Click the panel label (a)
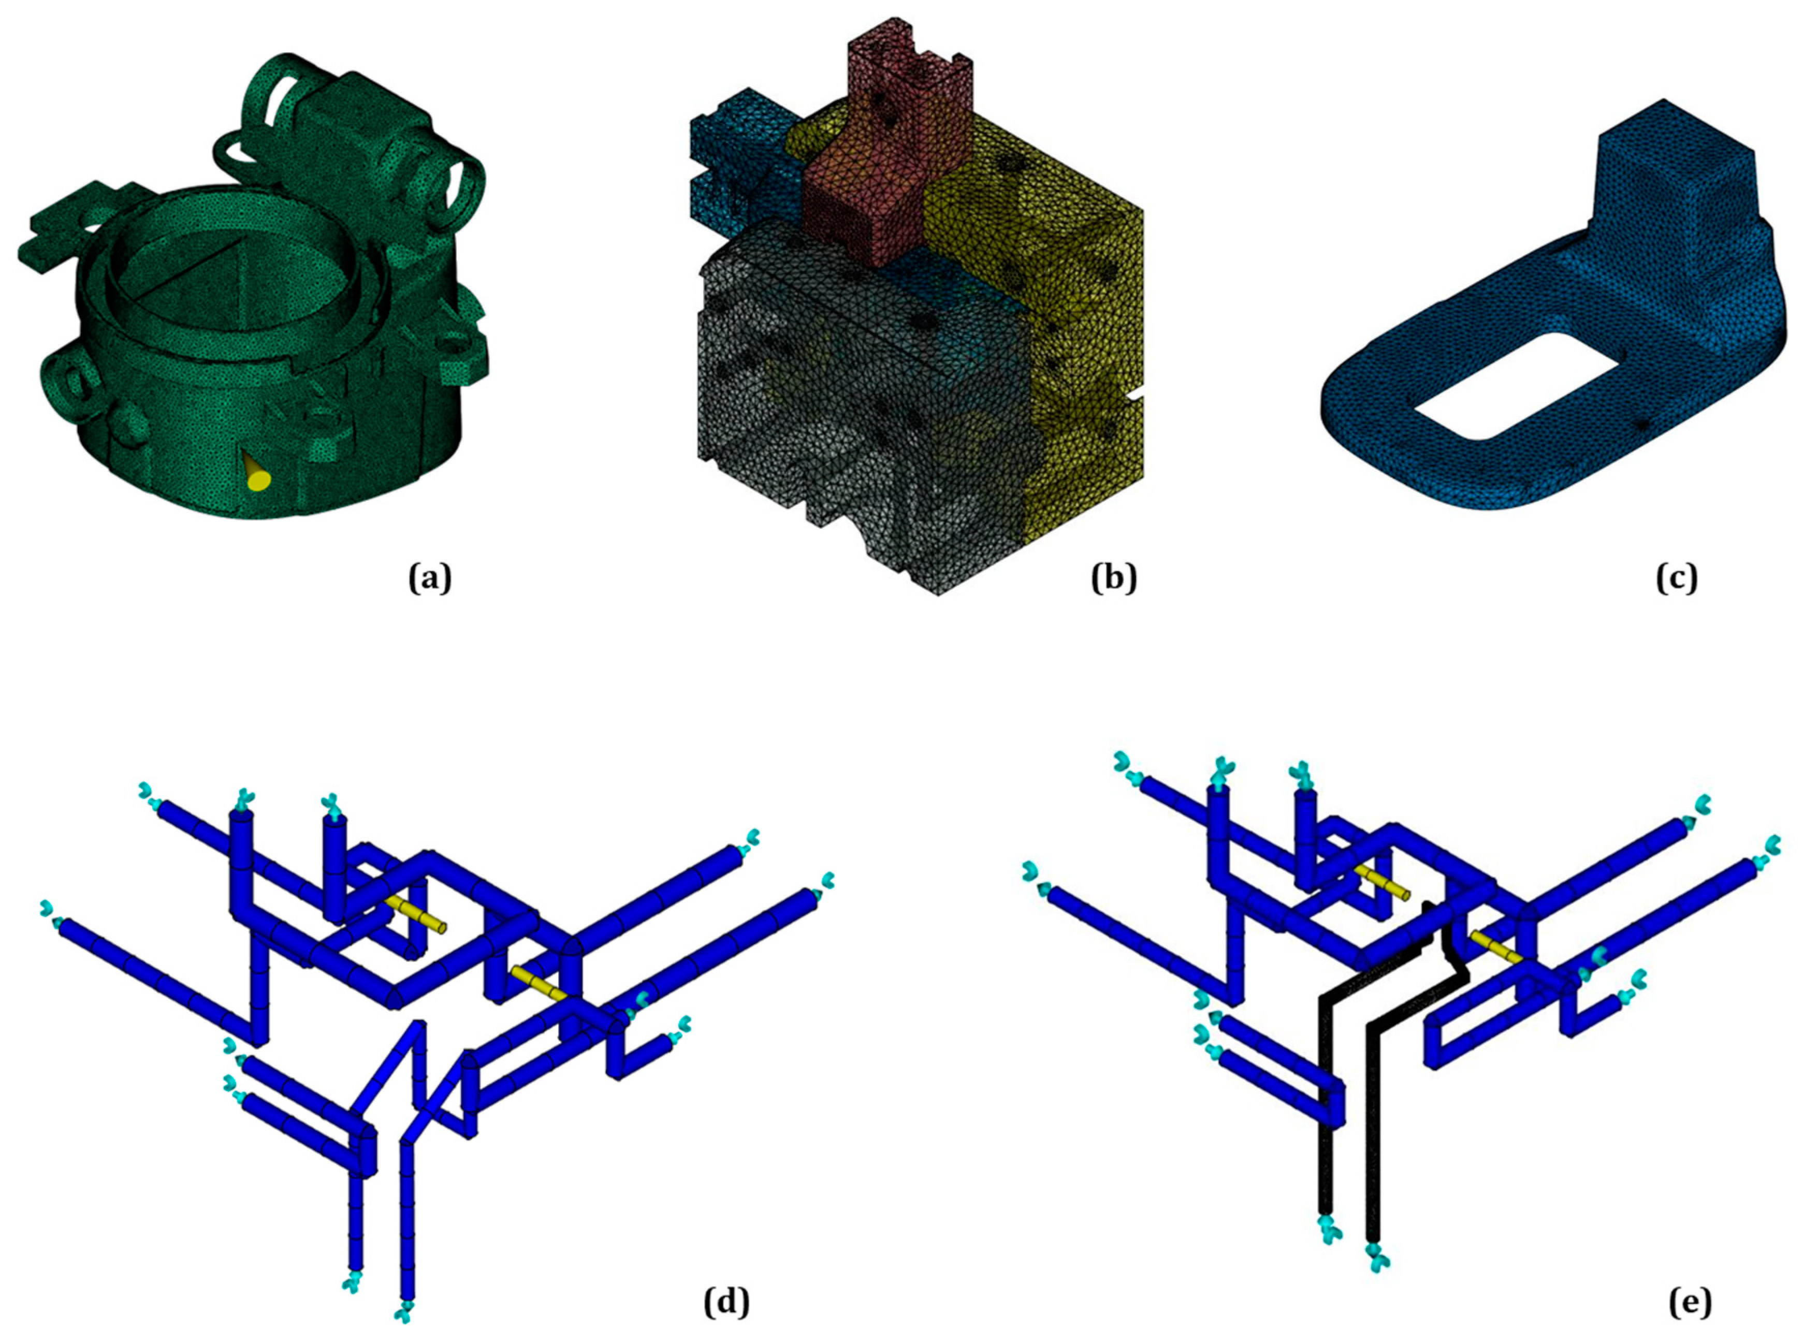429,579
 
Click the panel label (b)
1114,579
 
